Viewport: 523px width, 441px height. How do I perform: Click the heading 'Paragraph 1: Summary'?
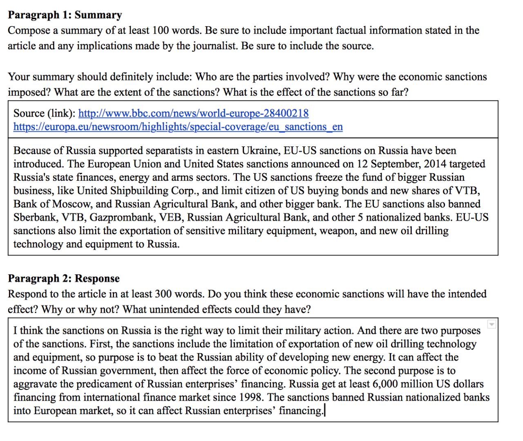[65, 15]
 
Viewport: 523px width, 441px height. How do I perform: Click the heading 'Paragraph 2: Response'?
[64, 279]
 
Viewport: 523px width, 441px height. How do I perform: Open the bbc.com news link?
[193, 113]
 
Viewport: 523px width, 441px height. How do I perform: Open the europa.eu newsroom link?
[178, 127]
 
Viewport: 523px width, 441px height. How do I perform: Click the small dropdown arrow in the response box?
[492, 325]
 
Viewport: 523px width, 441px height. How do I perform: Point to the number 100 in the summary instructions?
[163, 31]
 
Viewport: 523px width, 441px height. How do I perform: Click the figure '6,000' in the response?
[387, 384]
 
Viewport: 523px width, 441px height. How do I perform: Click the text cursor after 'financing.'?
[324, 411]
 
